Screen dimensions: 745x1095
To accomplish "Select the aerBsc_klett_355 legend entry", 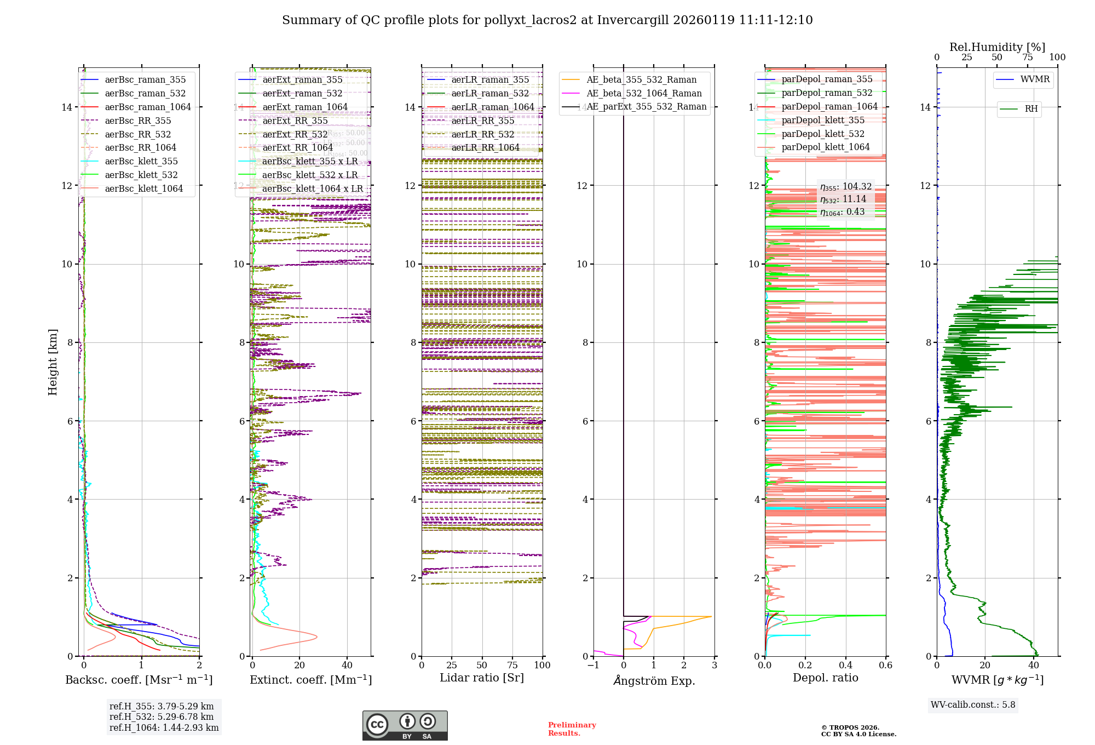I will click(x=141, y=161).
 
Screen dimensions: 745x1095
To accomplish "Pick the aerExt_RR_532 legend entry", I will click(x=295, y=134).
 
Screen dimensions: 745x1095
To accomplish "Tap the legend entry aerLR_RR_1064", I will click(x=485, y=147).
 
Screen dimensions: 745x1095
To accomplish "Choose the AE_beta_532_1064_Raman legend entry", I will click(x=644, y=93).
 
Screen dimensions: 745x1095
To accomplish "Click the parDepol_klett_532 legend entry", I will click(x=823, y=134).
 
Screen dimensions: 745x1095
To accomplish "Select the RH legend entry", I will click(x=1031, y=109).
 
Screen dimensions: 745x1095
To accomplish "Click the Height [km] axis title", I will click(x=53, y=362).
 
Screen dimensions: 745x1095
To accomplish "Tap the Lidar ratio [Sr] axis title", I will click(x=482, y=678).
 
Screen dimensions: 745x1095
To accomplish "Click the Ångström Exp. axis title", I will click(x=654, y=681).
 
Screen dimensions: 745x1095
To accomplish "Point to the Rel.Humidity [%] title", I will click(x=997, y=47).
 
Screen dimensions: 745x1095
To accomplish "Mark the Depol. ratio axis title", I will click(x=825, y=678).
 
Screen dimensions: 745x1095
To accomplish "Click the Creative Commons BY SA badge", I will click(x=405, y=725).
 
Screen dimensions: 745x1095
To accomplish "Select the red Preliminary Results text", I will click(x=572, y=729).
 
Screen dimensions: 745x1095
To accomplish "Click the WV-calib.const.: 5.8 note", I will click(x=973, y=705).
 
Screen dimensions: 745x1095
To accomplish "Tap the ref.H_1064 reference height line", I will click(x=164, y=728).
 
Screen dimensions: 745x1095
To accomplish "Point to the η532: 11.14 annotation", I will click(x=843, y=199).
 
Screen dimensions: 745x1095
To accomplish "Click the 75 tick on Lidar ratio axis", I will click(x=512, y=666).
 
